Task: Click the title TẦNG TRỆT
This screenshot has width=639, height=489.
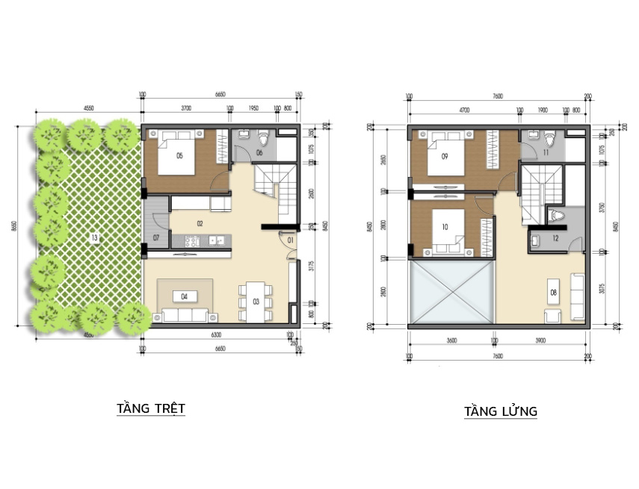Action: pyautogui.click(x=151, y=408)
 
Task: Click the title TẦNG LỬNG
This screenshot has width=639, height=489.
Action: pyautogui.click(x=500, y=411)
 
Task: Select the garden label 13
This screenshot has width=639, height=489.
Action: pyautogui.click(x=95, y=238)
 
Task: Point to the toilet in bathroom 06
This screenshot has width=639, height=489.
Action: pyautogui.click(x=262, y=140)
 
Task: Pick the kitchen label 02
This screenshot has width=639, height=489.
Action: pyautogui.click(x=200, y=222)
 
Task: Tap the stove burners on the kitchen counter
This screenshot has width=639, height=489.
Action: pyautogui.click(x=191, y=240)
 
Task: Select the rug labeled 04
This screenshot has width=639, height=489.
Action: pyautogui.click(x=184, y=296)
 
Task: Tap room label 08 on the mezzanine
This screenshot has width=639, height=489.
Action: pyautogui.click(x=553, y=291)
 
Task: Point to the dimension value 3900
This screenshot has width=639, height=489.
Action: pyautogui.click(x=540, y=340)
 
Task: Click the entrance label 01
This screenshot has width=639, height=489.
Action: pyautogui.click(x=290, y=240)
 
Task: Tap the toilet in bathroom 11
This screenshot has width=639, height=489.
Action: pyautogui.click(x=549, y=139)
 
